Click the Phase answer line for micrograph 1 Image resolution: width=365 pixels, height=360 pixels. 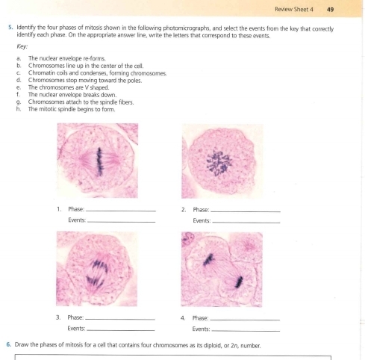(121, 211)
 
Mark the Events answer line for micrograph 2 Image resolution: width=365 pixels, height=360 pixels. (246, 223)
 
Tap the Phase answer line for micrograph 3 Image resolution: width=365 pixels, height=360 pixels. (121, 319)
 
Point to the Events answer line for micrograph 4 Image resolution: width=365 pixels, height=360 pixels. (246, 330)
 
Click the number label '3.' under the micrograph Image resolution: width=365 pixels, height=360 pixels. (59, 318)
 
